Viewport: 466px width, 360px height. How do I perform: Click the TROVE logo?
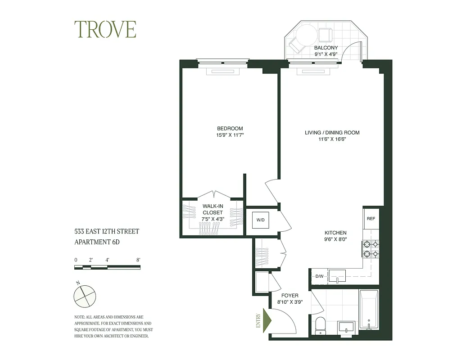click(105, 30)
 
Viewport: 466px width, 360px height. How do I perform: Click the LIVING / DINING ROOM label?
click(332, 133)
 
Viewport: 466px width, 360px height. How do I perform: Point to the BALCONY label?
click(326, 48)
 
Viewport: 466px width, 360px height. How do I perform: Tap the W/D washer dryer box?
click(260, 220)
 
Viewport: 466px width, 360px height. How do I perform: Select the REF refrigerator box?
click(371, 219)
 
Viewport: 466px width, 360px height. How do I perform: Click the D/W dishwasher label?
click(319, 276)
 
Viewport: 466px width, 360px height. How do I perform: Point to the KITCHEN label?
click(336, 233)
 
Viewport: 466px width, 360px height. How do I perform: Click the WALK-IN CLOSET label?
click(213, 209)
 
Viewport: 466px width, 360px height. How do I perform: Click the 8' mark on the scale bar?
click(138, 260)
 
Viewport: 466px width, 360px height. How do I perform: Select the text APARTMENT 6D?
click(97, 242)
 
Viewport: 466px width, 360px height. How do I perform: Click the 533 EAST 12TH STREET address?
click(107, 231)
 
